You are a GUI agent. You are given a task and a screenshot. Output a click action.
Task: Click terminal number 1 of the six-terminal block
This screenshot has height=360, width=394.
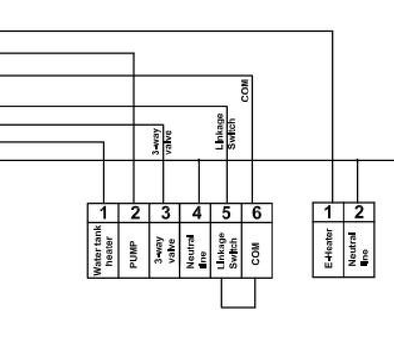pyautogui.click(x=103, y=212)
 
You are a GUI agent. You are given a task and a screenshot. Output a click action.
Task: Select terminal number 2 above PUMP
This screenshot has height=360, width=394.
pyautogui.click(x=134, y=212)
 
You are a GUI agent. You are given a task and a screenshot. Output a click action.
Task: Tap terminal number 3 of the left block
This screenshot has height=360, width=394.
pyautogui.click(x=165, y=212)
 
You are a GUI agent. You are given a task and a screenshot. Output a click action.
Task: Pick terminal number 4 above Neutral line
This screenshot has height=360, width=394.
pyautogui.click(x=195, y=212)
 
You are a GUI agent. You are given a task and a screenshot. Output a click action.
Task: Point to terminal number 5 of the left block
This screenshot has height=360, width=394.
pyautogui.click(x=226, y=212)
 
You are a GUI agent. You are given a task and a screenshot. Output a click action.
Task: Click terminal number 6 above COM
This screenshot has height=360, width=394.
pyautogui.click(x=257, y=212)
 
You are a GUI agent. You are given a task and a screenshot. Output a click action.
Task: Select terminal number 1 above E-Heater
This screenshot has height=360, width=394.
pyautogui.click(x=328, y=212)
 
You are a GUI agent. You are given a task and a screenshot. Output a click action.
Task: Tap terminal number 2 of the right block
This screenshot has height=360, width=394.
pyautogui.click(x=359, y=212)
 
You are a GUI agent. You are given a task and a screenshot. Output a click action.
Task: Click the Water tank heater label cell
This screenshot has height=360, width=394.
pyautogui.click(x=103, y=250)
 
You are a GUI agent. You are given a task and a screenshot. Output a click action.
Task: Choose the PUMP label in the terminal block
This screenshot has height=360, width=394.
pyautogui.click(x=134, y=250)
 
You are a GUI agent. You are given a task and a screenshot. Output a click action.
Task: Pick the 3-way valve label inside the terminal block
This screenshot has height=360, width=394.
pyautogui.click(x=165, y=250)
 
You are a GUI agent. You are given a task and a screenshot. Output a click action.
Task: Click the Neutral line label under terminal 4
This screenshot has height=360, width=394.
pyautogui.click(x=195, y=250)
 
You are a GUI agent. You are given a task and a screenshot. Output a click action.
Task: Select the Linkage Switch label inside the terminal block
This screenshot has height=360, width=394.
pyautogui.click(x=226, y=250)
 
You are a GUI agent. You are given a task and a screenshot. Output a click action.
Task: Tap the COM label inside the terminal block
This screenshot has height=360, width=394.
pyautogui.click(x=257, y=250)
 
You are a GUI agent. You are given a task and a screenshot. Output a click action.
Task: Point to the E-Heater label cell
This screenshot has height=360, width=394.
pyautogui.click(x=328, y=249)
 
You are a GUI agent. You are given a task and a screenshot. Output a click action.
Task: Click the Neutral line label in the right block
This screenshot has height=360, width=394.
pyautogui.click(x=359, y=249)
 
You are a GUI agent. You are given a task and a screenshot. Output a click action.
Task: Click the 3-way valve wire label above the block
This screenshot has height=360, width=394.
pyautogui.click(x=162, y=141)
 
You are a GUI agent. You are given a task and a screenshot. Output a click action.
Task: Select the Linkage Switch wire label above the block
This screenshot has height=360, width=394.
pyautogui.click(x=225, y=131)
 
